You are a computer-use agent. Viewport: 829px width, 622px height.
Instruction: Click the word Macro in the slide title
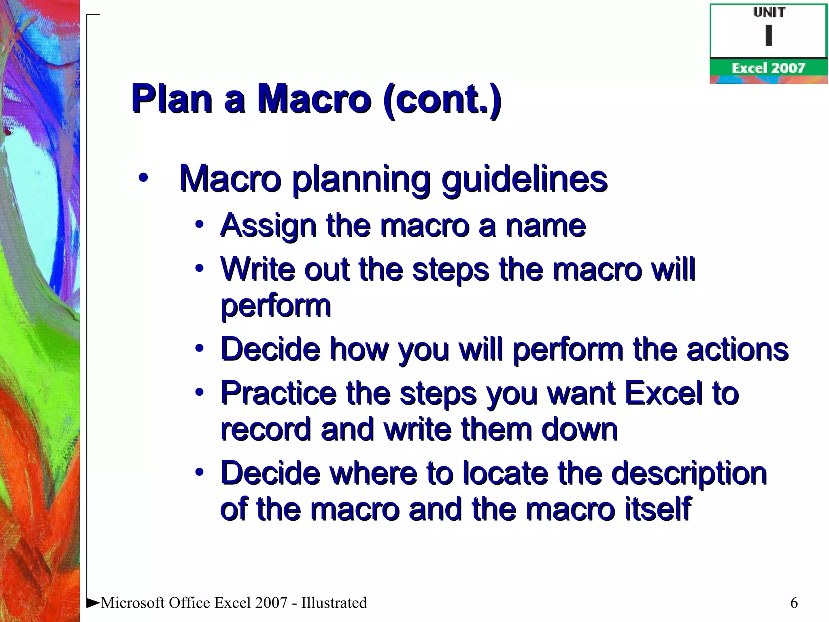point(314,99)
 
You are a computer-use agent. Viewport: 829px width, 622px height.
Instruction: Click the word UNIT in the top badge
point(769,13)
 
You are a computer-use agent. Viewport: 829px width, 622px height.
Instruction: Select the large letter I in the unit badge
point(768,35)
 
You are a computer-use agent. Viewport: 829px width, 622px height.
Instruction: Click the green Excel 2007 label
point(768,68)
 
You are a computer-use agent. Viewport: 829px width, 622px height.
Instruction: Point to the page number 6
point(794,603)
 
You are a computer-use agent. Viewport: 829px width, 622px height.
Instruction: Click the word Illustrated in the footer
point(334,603)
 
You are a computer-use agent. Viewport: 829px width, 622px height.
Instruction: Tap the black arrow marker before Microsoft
point(93,603)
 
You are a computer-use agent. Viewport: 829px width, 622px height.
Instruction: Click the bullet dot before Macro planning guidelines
point(143,178)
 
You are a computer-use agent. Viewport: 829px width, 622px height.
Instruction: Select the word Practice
point(278,393)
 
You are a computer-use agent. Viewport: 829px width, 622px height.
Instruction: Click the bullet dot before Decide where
point(199,472)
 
